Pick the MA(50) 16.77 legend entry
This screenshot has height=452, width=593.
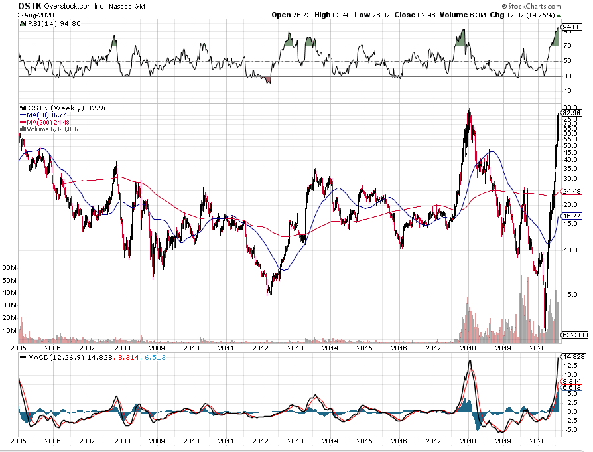(x=46, y=115)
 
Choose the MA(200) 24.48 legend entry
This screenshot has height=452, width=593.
(x=48, y=122)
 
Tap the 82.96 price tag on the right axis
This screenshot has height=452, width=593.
(x=572, y=113)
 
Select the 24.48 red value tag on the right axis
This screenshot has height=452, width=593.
(x=572, y=192)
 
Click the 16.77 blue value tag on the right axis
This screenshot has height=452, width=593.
(x=572, y=216)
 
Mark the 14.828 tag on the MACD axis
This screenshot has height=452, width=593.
(x=574, y=356)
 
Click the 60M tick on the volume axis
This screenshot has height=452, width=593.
(x=9, y=267)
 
